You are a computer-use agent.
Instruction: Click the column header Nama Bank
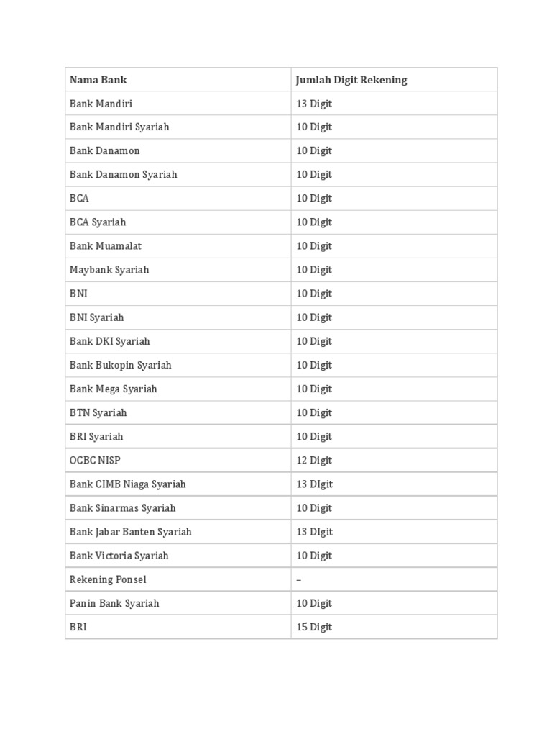click(x=98, y=80)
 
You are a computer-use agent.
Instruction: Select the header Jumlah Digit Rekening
click(x=351, y=80)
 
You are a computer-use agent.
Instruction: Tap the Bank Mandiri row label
click(x=101, y=104)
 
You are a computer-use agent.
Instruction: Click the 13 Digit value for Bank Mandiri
click(x=314, y=104)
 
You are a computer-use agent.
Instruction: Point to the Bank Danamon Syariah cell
click(x=123, y=175)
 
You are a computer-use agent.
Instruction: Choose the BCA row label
click(x=79, y=199)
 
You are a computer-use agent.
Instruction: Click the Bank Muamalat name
click(x=105, y=246)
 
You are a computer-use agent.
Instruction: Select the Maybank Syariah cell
click(x=109, y=270)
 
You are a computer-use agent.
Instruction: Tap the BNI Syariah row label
click(x=96, y=317)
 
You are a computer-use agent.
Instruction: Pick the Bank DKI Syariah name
click(x=109, y=341)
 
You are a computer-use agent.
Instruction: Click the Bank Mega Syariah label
click(x=113, y=389)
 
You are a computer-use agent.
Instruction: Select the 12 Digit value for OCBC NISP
click(x=314, y=460)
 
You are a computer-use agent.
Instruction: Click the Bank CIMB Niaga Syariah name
click(x=127, y=484)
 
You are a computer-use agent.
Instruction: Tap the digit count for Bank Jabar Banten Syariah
click(x=314, y=532)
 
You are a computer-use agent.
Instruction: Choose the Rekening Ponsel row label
click(x=108, y=579)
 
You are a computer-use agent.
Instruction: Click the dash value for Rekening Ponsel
click(x=299, y=579)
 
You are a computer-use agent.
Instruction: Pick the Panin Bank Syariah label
click(x=114, y=603)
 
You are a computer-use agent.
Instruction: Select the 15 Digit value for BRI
click(x=314, y=627)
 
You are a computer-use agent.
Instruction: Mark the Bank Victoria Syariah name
click(x=119, y=556)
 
